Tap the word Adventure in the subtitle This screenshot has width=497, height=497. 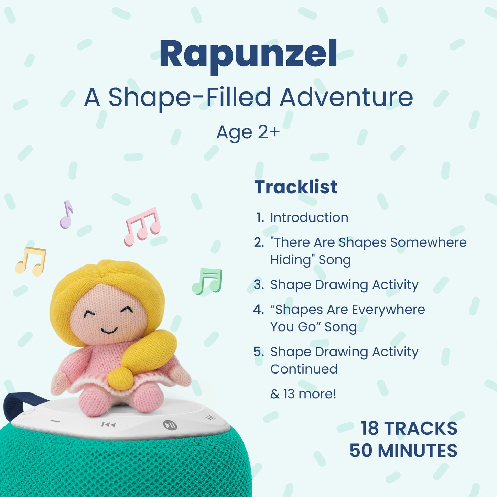(x=346, y=97)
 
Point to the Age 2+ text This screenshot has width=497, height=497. (x=248, y=132)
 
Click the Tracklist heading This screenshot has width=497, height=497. (x=296, y=187)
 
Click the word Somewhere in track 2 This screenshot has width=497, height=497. (x=429, y=242)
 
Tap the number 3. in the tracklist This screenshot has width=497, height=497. (x=259, y=284)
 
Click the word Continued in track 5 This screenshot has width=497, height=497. (x=304, y=369)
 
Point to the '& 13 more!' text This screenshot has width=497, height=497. (x=303, y=394)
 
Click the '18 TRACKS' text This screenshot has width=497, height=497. (x=409, y=429)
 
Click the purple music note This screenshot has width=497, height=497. (x=66, y=215)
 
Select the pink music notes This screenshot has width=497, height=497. (x=142, y=226)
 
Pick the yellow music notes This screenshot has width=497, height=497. (x=31, y=261)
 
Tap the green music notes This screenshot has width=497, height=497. (x=207, y=281)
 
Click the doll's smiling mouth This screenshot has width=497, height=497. (x=109, y=331)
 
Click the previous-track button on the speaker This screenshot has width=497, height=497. (x=109, y=424)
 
